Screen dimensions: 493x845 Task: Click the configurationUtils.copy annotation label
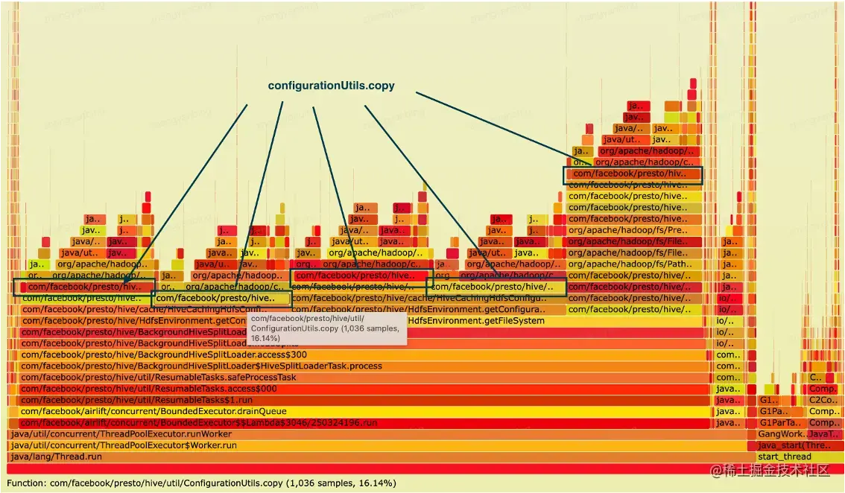pos(331,86)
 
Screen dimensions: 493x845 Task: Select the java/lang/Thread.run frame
pos(57,457)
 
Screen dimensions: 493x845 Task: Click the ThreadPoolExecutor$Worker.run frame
pos(123,445)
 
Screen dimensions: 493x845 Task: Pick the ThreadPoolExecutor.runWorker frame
pos(121,434)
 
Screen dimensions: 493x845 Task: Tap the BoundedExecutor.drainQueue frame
pos(154,411)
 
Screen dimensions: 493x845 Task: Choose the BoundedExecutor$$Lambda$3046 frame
pos(199,423)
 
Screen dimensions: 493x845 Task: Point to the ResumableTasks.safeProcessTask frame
pos(159,378)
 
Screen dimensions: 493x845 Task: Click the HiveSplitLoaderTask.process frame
pos(201,366)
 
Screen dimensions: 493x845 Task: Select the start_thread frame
pos(784,457)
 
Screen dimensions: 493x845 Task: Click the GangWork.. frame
pos(779,434)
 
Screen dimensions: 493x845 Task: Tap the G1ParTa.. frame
pos(775,423)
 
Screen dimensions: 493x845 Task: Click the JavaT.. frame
pos(824,434)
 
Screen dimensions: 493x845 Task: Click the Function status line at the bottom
pos(201,483)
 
